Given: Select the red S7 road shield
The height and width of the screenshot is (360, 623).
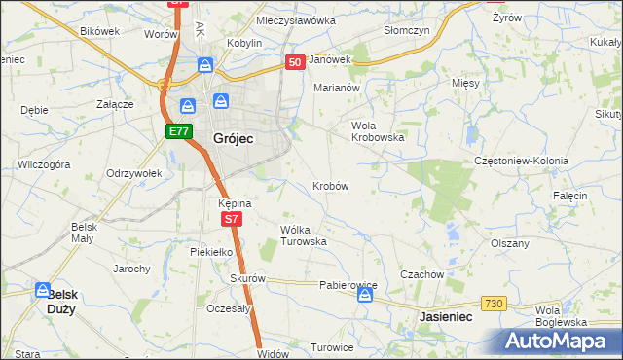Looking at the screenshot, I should click(x=231, y=220).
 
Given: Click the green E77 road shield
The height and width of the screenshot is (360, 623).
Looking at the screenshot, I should click(x=177, y=131).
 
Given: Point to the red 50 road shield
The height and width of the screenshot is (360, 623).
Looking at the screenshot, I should click(x=296, y=61).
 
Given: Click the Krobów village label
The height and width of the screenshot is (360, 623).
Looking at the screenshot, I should click(x=330, y=185).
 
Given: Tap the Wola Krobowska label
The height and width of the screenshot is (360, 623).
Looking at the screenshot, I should click(x=377, y=131).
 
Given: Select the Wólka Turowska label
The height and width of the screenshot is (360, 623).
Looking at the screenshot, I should click(x=303, y=234).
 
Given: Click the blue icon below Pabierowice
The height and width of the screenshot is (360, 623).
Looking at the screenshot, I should click(x=364, y=296).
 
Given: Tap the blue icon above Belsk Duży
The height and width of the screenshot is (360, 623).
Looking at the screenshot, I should click(x=43, y=290).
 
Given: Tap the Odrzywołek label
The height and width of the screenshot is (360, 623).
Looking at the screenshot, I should click(x=133, y=172).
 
